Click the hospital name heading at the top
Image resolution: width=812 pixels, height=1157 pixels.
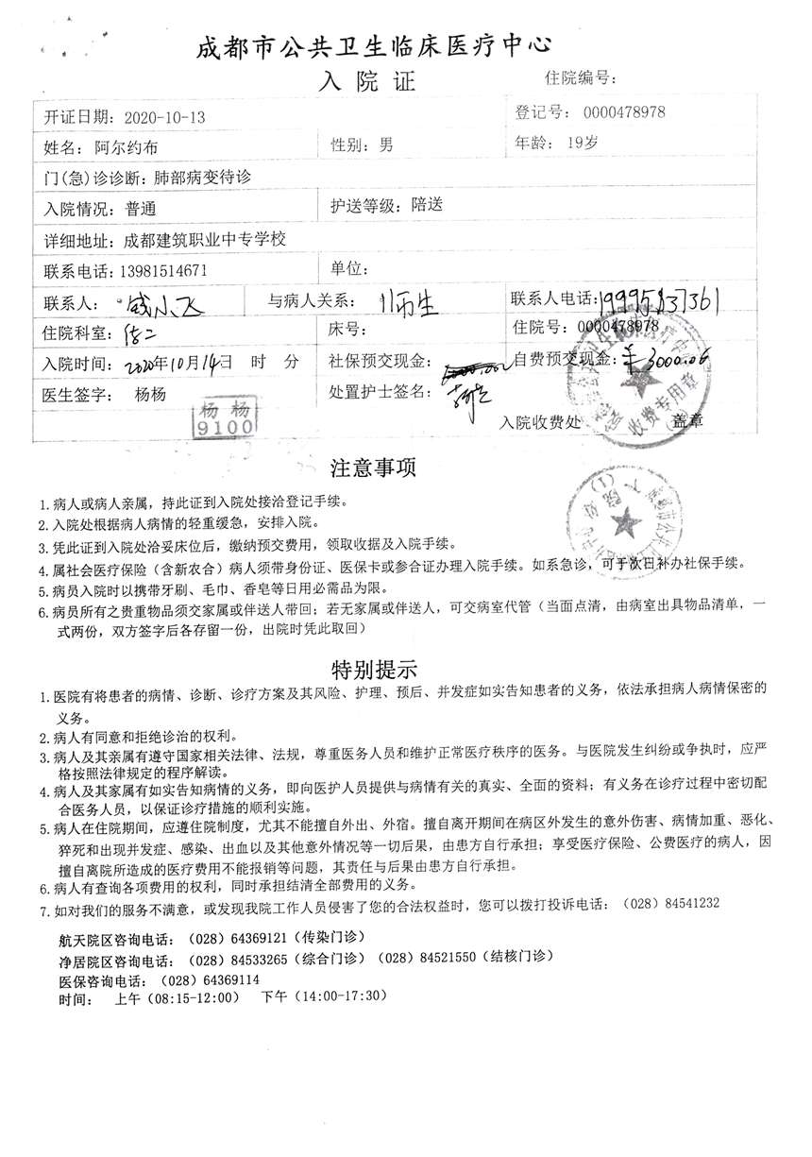pos(374,46)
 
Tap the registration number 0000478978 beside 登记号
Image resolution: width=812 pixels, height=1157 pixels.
pos(624,112)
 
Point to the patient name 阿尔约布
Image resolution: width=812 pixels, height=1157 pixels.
pos(127,147)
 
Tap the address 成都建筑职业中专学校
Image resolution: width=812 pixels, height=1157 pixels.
pos(206,240)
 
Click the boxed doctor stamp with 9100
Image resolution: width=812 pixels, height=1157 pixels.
pos(225,418)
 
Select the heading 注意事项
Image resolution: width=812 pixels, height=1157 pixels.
pos(373,468)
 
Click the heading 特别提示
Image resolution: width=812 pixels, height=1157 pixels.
pos(373,670)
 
